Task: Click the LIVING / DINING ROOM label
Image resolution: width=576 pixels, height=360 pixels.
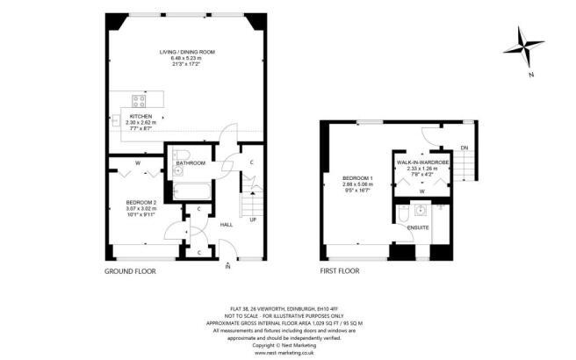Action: point(186,52)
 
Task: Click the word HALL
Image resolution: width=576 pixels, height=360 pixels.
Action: point(225,223)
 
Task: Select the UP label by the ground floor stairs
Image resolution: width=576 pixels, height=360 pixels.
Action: point(254,220)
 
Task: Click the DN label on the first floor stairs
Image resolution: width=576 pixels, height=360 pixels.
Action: point(464,148)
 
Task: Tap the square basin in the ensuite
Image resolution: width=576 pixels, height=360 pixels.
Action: point(421,211)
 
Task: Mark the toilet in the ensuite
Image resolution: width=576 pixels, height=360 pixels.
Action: point(401,216)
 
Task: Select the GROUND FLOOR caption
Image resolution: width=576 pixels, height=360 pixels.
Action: point(129,271)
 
